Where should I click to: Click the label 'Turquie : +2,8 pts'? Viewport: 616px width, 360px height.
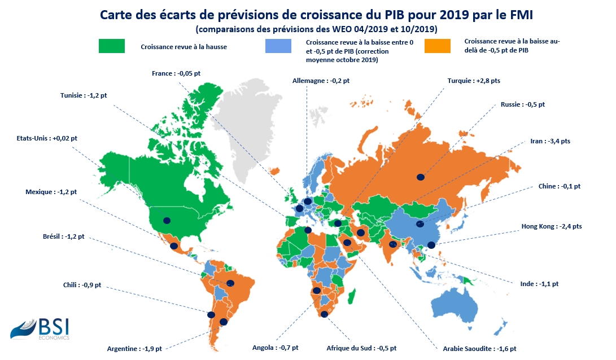point(473,81)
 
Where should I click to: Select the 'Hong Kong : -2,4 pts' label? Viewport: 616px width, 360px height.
point(552,226)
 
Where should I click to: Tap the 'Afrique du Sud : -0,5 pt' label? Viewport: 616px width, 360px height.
point(361,348)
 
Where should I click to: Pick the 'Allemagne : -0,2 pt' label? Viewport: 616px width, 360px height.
point(321,81)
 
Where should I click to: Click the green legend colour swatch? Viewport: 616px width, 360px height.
point(112,46)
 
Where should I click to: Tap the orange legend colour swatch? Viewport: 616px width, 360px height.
point(438,46)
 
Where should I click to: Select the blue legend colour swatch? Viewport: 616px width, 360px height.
point(278,46)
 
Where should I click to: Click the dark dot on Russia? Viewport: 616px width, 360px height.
point(420,177)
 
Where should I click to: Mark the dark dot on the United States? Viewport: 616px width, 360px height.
point(166,220)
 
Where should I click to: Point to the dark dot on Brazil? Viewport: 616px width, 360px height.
point(230,283)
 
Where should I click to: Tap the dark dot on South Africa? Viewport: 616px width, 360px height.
point(324,314)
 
